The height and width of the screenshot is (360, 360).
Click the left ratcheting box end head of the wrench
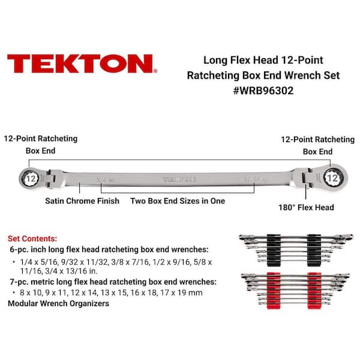[x=29, y=177]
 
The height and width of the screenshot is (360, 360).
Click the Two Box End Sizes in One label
[x=178, y=201]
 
